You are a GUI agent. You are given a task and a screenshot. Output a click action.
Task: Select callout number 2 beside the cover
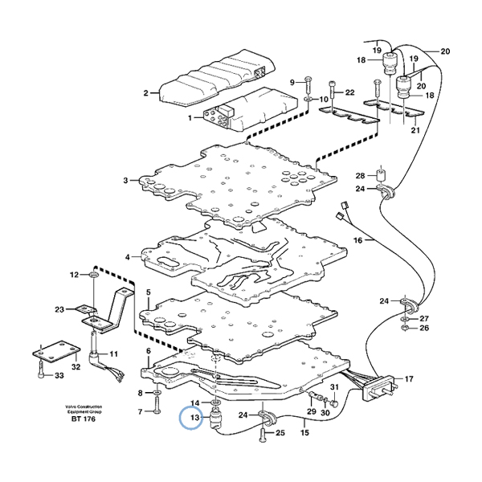146,92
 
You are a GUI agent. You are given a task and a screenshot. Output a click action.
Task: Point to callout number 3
126,181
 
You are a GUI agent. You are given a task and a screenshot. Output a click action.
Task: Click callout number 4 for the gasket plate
127,257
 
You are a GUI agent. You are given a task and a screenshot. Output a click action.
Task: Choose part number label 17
409,378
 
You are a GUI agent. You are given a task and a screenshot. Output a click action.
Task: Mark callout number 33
59,377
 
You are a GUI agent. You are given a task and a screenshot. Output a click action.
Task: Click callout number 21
415,130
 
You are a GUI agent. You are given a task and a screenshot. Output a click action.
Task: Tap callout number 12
75,275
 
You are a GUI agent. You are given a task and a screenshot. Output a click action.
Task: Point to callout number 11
114,353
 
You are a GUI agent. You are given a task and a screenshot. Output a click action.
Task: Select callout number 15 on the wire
305,433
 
